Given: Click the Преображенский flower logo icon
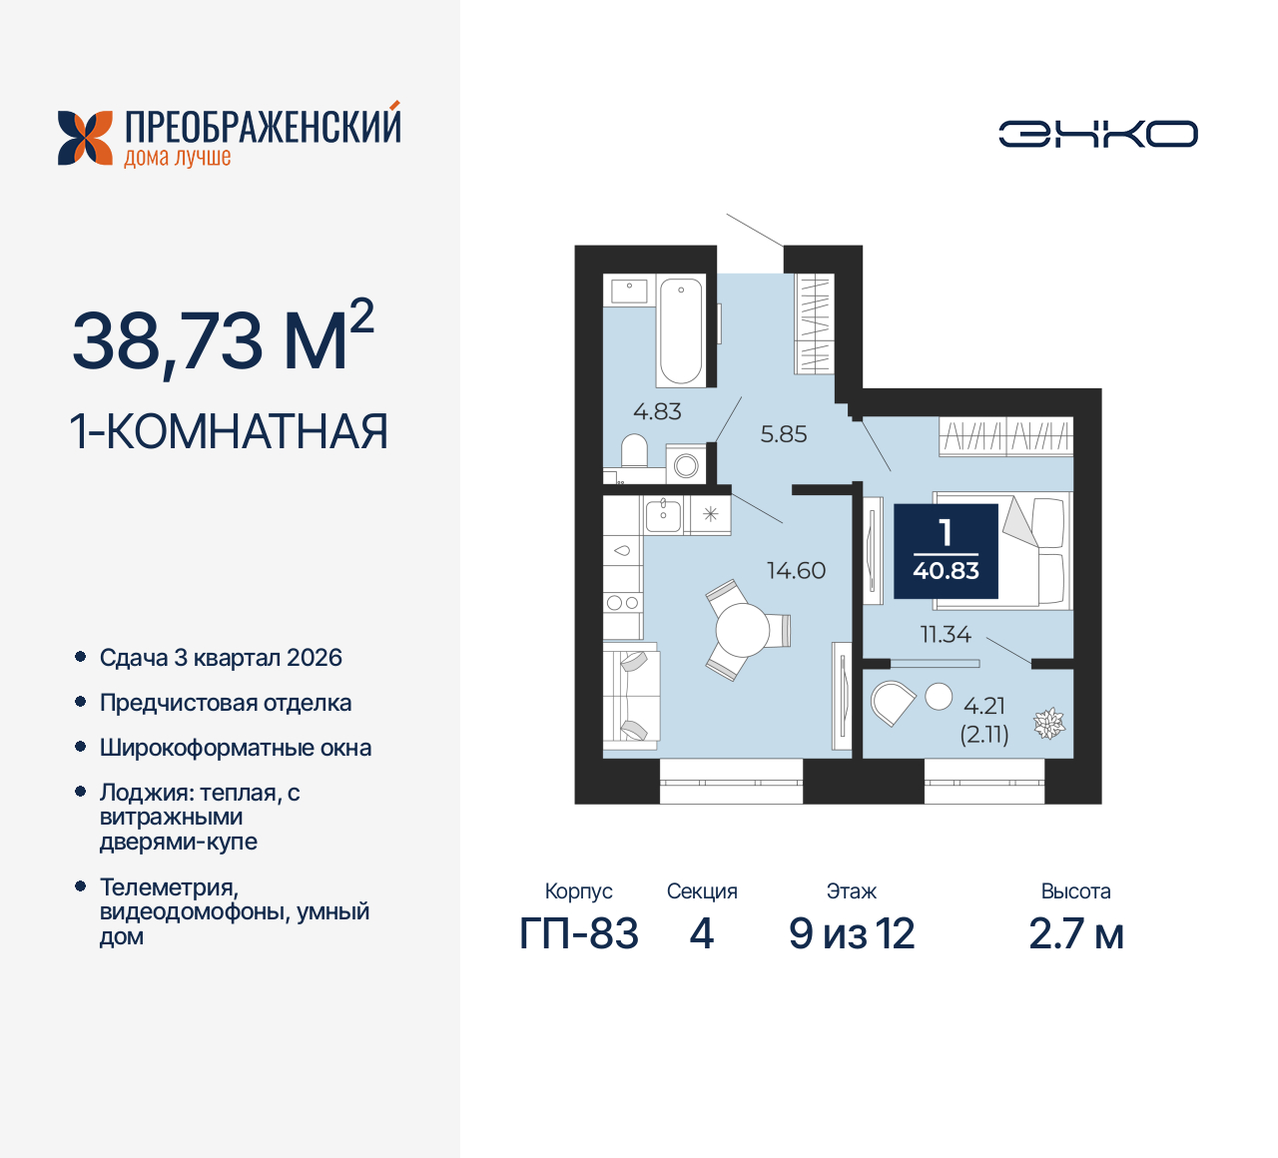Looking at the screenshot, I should coord(85,138).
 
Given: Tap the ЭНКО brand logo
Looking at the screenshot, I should coord(1098,134).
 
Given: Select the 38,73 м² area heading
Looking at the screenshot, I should coord(223,339).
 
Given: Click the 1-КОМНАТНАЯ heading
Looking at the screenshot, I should coord(229,432).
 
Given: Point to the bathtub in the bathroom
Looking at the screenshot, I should coord(681,330).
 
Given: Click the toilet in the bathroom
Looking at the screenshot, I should coord(634,450).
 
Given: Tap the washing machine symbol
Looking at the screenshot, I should coord(686,465).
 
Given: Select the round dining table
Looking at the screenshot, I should coord(742,630).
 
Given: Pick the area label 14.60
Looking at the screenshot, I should coord(796,571).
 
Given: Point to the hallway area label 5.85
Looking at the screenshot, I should coord(784,434).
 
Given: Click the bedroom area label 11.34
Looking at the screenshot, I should coord(946,634).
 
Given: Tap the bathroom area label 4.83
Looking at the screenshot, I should coord(657,411).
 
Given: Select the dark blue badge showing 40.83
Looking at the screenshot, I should coord(946,551).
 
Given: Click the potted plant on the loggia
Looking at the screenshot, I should coord(1048,723).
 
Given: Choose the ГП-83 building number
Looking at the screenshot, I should coord(579,934).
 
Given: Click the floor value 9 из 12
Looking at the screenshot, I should coord(852,934).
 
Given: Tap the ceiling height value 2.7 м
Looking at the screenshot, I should coord(1076,934).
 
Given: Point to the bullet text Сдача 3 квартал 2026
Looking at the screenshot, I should coord(221,658).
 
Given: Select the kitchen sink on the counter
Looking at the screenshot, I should coord(663,515).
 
